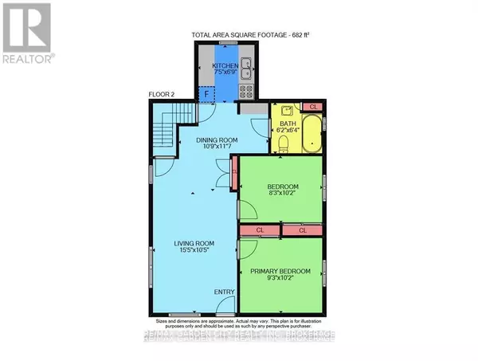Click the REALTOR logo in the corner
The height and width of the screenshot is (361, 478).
coord(27,33)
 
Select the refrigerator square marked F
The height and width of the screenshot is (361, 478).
coord(206,92)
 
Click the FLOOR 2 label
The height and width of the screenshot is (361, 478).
coord(162,96)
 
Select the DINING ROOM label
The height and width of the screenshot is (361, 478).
coord(213,140)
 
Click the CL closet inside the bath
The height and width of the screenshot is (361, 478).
coord(313,106)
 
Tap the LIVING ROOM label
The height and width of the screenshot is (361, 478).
coord(195,245)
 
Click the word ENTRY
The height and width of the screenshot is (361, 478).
coord(224,292)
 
